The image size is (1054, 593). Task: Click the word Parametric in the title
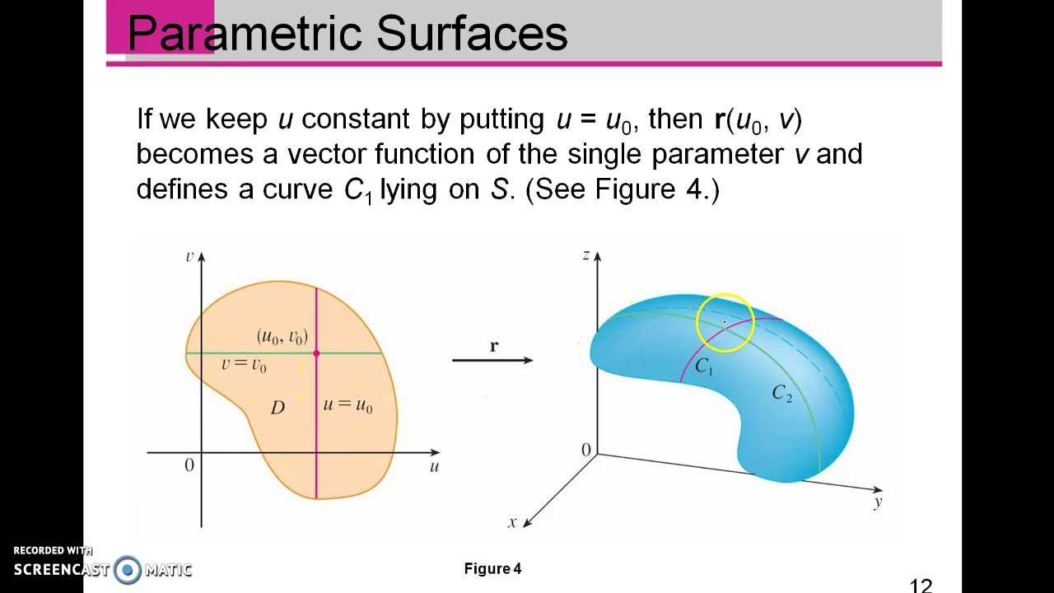(245, 35)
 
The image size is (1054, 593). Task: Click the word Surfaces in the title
(472, 35)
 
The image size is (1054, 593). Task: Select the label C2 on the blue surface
(781, 395)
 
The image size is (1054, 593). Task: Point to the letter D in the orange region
(277, 407)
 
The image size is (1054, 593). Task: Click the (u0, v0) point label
(282, 336)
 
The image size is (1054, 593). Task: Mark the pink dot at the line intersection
(316, 353)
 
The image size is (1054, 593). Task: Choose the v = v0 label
(244, 364)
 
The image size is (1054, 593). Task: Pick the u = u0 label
(347, 405)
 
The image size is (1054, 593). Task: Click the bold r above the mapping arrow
(494, 347)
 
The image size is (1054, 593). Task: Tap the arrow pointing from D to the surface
(492, 360)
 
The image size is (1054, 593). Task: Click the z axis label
(586, 255)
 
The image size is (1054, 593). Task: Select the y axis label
(878, 502)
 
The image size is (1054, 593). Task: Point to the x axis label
(512, 521)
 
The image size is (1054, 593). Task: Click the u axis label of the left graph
(434, 466)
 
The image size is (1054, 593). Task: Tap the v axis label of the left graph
(189, 256)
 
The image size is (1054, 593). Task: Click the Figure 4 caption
(492, 568)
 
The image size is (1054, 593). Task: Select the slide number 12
(921, 586)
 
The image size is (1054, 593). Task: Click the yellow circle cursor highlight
(725, 323)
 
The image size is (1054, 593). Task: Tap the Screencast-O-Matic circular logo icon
(128, 569)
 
